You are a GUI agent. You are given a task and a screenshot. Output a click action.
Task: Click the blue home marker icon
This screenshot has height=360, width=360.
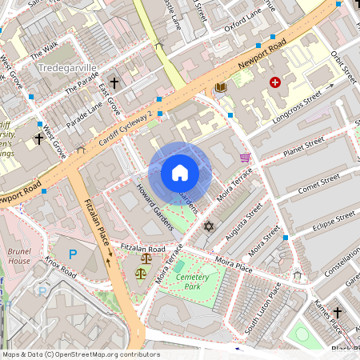click(x=179, y=173)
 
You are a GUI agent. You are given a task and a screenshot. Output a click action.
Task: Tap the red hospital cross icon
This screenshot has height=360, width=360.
click(x=276, y=82)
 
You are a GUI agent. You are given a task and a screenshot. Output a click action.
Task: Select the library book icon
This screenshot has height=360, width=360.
click(x=222, y=86)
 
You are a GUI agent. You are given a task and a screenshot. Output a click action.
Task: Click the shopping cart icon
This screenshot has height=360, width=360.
click(x=245, y=158)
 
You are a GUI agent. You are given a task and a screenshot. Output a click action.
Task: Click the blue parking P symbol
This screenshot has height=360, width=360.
click(x=73, y=255)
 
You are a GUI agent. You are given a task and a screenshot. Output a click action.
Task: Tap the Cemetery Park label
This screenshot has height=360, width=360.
click(x=192, y=281)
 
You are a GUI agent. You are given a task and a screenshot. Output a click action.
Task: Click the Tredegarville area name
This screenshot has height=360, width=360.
click(x=66, y=69)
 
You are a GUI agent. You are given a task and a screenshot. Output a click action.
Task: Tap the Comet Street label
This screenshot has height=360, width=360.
click(x=318, y=183)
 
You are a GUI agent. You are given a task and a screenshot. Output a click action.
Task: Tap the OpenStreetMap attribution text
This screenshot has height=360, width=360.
click(x=80, y=354)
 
